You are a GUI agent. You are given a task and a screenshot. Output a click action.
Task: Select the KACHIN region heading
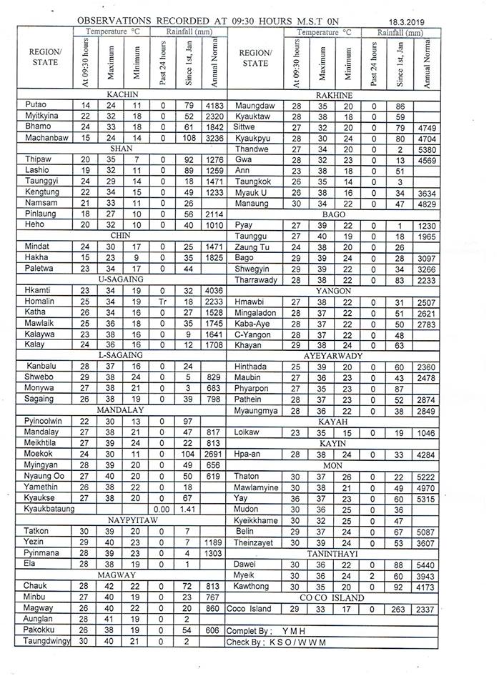[x=122, y=94]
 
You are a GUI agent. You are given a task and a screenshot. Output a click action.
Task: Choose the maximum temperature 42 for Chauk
[x=110, y=585]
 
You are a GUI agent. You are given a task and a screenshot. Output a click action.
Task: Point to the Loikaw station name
[x=247, y=432]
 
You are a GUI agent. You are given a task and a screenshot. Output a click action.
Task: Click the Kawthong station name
[x=251, y=586]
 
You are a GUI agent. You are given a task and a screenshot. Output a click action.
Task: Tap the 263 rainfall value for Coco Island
[x=400, y=608]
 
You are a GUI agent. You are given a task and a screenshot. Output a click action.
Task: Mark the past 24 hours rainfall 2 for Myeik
[x=374, y=575]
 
